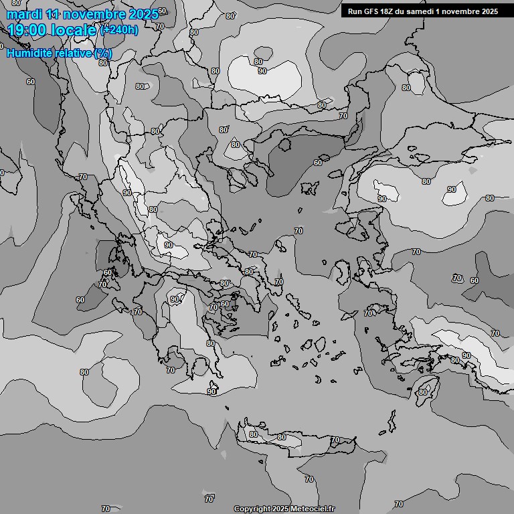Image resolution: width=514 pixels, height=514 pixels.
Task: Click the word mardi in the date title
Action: [24, 14]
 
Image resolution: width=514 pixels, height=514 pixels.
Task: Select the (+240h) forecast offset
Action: [118, 29]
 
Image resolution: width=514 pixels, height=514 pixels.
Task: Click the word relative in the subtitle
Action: [75, 53]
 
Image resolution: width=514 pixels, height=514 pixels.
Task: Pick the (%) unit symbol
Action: [103, 53]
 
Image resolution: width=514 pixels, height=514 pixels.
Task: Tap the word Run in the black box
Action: [355, 11]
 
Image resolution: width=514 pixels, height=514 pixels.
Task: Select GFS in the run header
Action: [372, 11]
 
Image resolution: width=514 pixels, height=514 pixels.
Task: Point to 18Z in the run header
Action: [390, 11]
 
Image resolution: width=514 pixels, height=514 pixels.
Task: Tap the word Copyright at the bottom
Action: [253, 509]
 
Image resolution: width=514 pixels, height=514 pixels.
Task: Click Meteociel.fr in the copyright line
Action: [315, 509]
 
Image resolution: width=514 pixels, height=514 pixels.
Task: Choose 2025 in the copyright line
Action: [282, 509]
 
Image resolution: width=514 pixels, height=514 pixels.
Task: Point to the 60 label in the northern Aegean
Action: [317, 163]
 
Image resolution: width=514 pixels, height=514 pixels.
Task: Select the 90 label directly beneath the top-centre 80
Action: [262, 71]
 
